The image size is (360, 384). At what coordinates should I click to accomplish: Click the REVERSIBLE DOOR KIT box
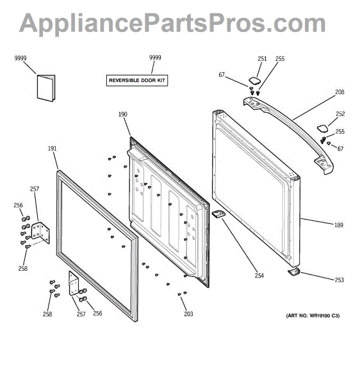137,81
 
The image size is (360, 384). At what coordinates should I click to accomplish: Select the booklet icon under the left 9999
46,88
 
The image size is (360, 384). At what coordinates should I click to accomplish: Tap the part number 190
123,114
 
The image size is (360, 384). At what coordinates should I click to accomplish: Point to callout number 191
52,148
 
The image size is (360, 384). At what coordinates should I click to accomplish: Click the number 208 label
340,92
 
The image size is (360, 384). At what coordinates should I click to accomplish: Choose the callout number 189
339,225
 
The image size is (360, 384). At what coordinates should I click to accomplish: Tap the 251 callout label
262,59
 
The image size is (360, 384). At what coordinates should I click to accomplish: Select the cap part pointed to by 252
322,129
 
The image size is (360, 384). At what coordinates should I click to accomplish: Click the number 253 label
340,280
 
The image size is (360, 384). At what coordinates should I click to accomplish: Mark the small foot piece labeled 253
293,272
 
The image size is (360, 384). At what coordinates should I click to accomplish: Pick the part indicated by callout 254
218,214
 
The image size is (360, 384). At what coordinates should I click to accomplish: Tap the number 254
259,276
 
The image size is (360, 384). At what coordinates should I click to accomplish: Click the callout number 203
188,314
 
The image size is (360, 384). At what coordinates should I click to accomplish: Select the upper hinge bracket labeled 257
41,233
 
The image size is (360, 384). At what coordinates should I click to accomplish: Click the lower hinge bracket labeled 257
74,283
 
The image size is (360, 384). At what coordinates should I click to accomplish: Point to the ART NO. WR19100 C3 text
313,316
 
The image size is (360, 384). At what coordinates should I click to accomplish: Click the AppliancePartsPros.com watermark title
172,23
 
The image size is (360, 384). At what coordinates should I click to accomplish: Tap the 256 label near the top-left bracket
18,205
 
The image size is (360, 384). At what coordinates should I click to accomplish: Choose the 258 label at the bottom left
47,314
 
